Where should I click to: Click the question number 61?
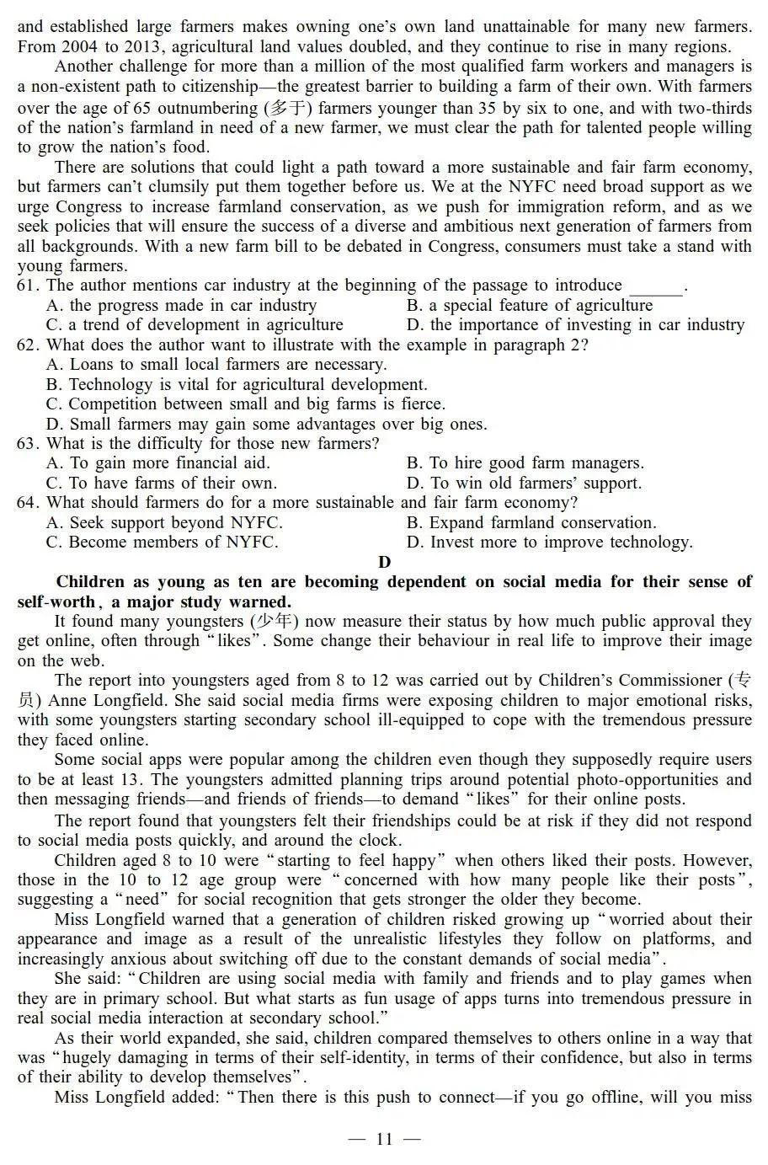coord(28,286)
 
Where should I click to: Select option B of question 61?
coord(529,306)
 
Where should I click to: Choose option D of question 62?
coord(266,425)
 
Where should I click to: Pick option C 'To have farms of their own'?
coord(161,484)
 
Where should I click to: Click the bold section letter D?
coord(384,562)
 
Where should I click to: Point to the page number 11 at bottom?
coord(384,1140)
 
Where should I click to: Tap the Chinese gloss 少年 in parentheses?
coord(273,622)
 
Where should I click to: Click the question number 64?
coord(28,503)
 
